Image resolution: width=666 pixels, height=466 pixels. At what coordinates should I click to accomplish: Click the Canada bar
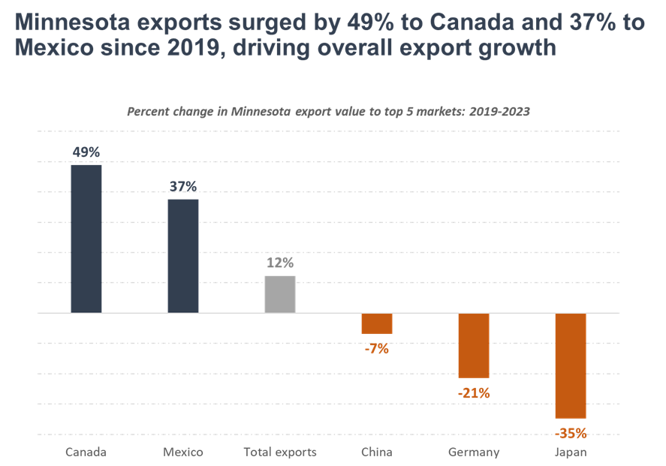coord(86,239)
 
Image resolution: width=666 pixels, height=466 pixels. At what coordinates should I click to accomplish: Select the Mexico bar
coord(183,256)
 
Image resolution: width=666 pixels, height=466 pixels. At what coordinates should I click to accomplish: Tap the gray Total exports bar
coord(280,294)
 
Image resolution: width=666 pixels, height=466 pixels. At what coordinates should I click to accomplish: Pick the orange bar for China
coord(377,323)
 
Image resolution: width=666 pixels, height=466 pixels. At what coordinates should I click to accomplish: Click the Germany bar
coord(474,345)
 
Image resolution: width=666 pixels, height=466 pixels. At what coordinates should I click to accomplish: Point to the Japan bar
coord(571,365)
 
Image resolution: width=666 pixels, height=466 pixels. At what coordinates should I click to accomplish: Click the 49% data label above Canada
coord(86,152)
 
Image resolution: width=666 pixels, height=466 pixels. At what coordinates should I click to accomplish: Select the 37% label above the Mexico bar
coord(183,186)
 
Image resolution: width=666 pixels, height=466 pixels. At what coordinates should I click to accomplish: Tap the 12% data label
coord(280,263)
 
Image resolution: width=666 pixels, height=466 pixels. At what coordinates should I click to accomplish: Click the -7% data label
coord(376,348)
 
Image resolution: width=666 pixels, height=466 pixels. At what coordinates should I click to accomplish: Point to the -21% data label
coord(473,392)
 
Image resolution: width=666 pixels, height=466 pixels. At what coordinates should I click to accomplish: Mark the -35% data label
coord(571,433)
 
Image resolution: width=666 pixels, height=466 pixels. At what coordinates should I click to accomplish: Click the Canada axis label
coord(86,452)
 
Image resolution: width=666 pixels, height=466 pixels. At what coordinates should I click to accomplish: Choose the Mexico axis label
coord(183,452)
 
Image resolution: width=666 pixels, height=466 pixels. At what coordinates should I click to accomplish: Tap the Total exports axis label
coord(280,452)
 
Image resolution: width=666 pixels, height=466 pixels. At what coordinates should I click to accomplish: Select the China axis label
coord(376,452)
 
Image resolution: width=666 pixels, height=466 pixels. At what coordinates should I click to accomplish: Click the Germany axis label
coord(474,452)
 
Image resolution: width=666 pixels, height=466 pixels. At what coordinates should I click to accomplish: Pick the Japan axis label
coord(571,452)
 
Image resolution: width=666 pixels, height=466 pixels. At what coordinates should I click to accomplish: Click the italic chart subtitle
coord(328,112)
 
